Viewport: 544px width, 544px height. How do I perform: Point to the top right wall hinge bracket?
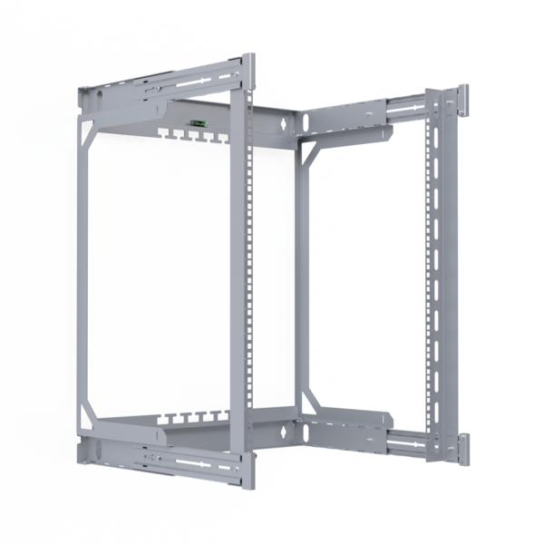point(461,102)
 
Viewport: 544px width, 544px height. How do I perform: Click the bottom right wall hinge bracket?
point(463,448)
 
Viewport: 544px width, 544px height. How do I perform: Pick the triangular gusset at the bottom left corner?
point(89,417)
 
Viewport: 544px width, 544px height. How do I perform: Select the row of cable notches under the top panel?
point(191,135)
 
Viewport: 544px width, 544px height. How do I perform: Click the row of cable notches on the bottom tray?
point(191,418)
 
